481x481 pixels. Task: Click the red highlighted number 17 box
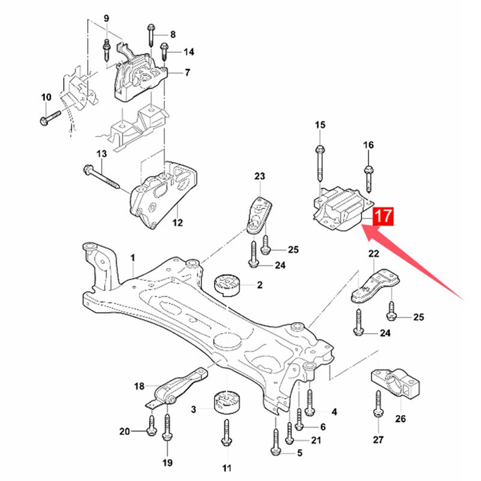(x=383, y=216)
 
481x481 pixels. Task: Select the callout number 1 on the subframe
(x=133, y=258)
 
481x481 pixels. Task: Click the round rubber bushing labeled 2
(x=227, y=284)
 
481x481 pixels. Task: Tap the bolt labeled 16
(x=369, y=171)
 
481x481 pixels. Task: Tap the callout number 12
(x=177, y=224)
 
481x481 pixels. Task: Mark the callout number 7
(x=187, y=73)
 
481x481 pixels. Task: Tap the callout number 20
(x=124, y=431)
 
